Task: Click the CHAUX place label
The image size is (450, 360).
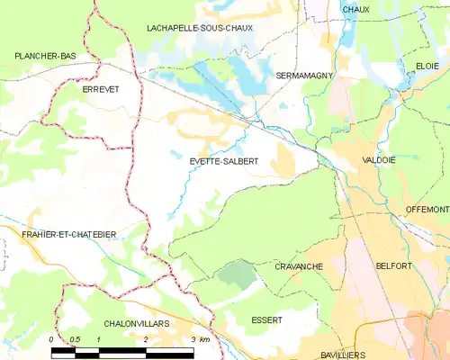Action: tap(356, 9)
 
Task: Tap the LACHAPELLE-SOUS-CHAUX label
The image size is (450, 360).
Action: tap(200, 29)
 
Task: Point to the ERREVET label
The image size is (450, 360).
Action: tap(101, 90)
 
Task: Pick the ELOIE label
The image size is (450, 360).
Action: tap(427, 67)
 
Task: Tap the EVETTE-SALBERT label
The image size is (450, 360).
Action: tap(224, 161)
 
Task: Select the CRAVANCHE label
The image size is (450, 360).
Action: tap(298, 267)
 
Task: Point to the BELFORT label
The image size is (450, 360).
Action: tap(393, 266)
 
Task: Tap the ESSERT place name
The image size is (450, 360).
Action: tap(267, 320)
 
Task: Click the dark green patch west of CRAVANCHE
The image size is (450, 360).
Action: tap(238, 274)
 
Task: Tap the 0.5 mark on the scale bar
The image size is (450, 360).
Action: tap(75, 339)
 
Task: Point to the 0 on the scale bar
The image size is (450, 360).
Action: tap(52, 339)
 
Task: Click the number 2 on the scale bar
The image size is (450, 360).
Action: tap(146, 339)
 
